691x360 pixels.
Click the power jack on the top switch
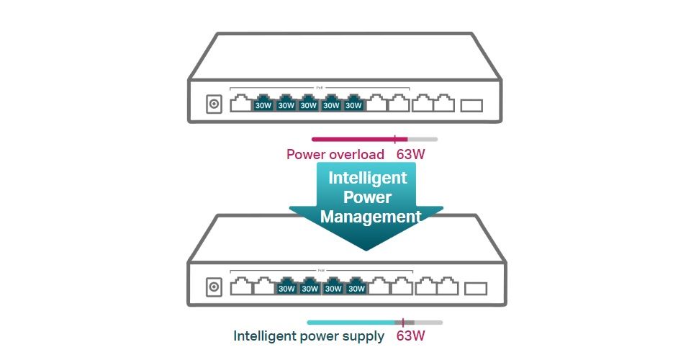pos(213,104)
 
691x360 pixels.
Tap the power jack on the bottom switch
pos(214,288)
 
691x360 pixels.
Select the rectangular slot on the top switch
pos(471,105)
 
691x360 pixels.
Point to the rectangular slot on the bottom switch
pos(476,289)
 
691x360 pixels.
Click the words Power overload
pos(335,154)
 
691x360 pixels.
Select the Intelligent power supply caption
pos(309,336)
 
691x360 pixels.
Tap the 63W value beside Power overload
pos(415,154)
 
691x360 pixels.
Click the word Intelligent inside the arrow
pos(368,178)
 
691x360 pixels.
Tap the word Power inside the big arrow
pos(367,197)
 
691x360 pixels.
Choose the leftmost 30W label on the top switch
pos(263,105)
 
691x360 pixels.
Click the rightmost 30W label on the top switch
pos(353,105)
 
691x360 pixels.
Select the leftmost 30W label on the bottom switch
pos(287,289)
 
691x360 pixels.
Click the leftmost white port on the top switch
pos(240,104)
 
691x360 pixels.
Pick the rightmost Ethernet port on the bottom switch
pos(447,287)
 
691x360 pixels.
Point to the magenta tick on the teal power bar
pos(403,323)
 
